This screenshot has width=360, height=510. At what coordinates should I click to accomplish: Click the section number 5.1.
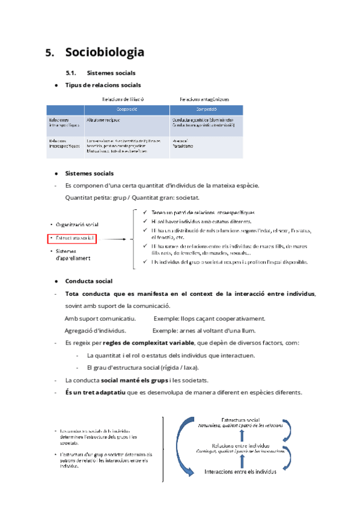pyautogui.click(x=73, y=73)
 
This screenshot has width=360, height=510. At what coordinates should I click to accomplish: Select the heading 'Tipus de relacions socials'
pyautogui.click(x=103, y=85)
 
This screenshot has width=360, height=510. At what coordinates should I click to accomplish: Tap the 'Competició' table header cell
pyautogui.click(x=207, y=109)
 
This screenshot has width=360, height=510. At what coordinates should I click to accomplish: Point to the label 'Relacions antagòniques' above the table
pyautogui.click(x=204, y=99)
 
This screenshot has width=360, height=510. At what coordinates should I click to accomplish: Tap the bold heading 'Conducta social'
pyautogui.click(x=88, y=281)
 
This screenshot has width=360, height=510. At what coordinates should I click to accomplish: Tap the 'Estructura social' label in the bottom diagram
pyautogui.click(x=240, y=419)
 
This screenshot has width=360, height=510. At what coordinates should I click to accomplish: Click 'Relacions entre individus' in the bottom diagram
pyautogui.click(x=240, y=446)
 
